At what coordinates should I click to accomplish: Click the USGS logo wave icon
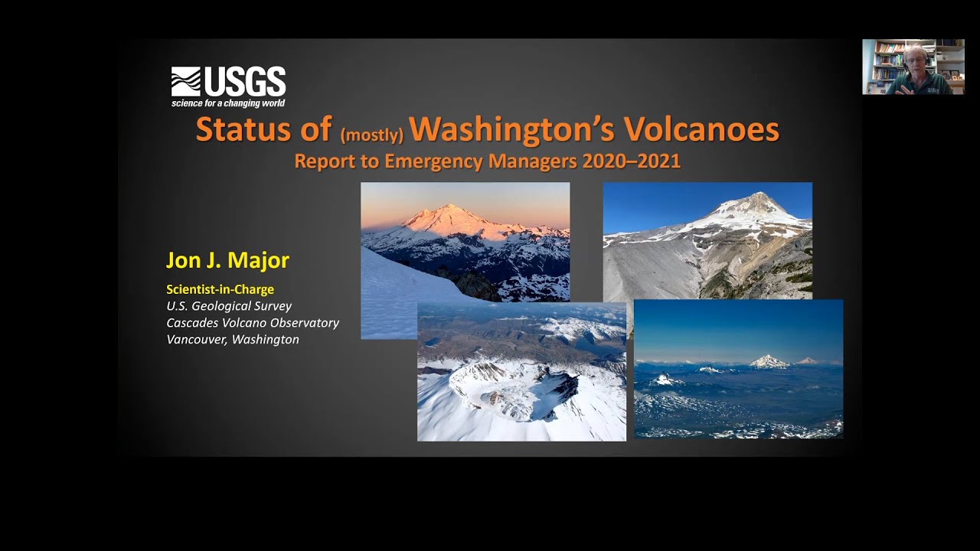tap(185, 81)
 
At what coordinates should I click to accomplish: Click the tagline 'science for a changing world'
tap(228, 103)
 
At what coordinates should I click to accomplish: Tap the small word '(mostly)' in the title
tap(372, 135)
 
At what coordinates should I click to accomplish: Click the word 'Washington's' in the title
tap(511, 129)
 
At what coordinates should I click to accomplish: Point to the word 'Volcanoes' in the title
tap(701, 129)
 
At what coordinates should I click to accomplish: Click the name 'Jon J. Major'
tap(227, 260)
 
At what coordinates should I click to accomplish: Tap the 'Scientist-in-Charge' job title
tap(220, 289)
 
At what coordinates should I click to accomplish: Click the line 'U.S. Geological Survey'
tap(229, 306)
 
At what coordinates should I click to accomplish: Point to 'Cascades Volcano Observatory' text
tap(253, 323)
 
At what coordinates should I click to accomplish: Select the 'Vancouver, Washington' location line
tap(233, 339)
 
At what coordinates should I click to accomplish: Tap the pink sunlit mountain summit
tap(446, 212)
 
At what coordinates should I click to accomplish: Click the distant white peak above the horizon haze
tap(768, 361)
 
